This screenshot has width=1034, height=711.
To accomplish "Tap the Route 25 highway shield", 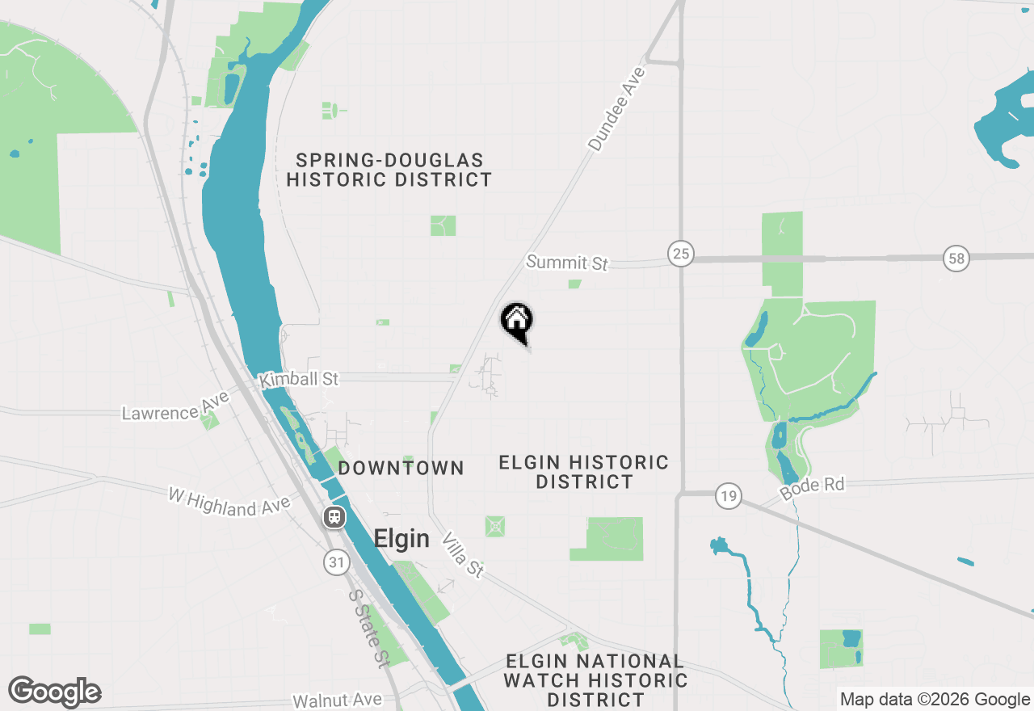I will coord(681,255).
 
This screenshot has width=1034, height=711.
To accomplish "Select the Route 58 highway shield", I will coord(956,259).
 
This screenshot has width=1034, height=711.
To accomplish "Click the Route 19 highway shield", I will coord(729,495).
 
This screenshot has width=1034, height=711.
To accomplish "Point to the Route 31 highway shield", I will coord(337,562).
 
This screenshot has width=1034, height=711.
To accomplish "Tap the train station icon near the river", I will coord(334,517).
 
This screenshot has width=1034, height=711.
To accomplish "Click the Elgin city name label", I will coord(401,539).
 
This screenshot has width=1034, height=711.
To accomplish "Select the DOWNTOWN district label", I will coord(401,468).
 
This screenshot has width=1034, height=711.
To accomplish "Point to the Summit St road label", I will coord(567,263).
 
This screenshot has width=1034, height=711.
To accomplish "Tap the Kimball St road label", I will coord(298,379).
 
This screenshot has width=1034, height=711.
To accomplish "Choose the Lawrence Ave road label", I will coord(171,406).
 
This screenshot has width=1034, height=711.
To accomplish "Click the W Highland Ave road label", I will coord(229,501).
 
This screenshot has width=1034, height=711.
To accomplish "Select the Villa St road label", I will coord(464,555).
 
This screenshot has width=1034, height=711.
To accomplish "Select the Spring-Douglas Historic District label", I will coord(389,170).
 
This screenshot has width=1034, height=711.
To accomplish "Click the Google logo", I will coord(55,692).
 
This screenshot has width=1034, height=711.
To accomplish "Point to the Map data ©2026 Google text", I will coord(935,700).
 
